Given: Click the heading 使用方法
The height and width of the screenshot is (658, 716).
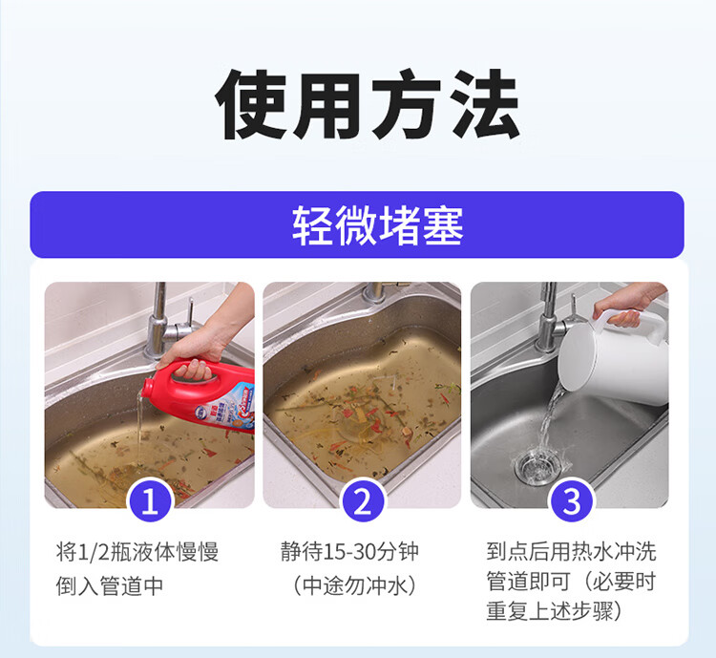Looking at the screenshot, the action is (x=368, y=105).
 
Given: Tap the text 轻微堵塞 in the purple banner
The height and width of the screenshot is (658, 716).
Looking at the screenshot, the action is (x=378, y=224).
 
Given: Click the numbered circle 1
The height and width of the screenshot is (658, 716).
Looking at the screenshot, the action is (x=150, y=500).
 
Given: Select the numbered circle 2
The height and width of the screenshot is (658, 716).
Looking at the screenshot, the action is (x=363, y=500).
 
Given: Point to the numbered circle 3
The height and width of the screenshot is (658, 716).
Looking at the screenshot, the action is (x=571, y=500).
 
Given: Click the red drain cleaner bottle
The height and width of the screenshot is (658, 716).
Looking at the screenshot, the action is (x=200, y=393).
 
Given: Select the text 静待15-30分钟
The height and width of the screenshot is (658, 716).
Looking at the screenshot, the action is (x=349, y=552).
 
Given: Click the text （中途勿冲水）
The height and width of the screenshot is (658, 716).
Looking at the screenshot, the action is (x=355, y=585).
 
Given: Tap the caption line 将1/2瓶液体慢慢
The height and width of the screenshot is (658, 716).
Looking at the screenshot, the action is (x=137, y=552).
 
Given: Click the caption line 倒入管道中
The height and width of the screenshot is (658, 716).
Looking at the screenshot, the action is (x=110, y=585).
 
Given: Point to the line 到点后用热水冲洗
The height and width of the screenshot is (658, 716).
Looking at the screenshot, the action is (x=571, y=552).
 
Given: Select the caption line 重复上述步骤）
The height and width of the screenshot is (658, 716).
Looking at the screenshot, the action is (x=555, y=611).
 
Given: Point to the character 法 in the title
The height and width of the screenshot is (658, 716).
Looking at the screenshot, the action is (x=485, y=105).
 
